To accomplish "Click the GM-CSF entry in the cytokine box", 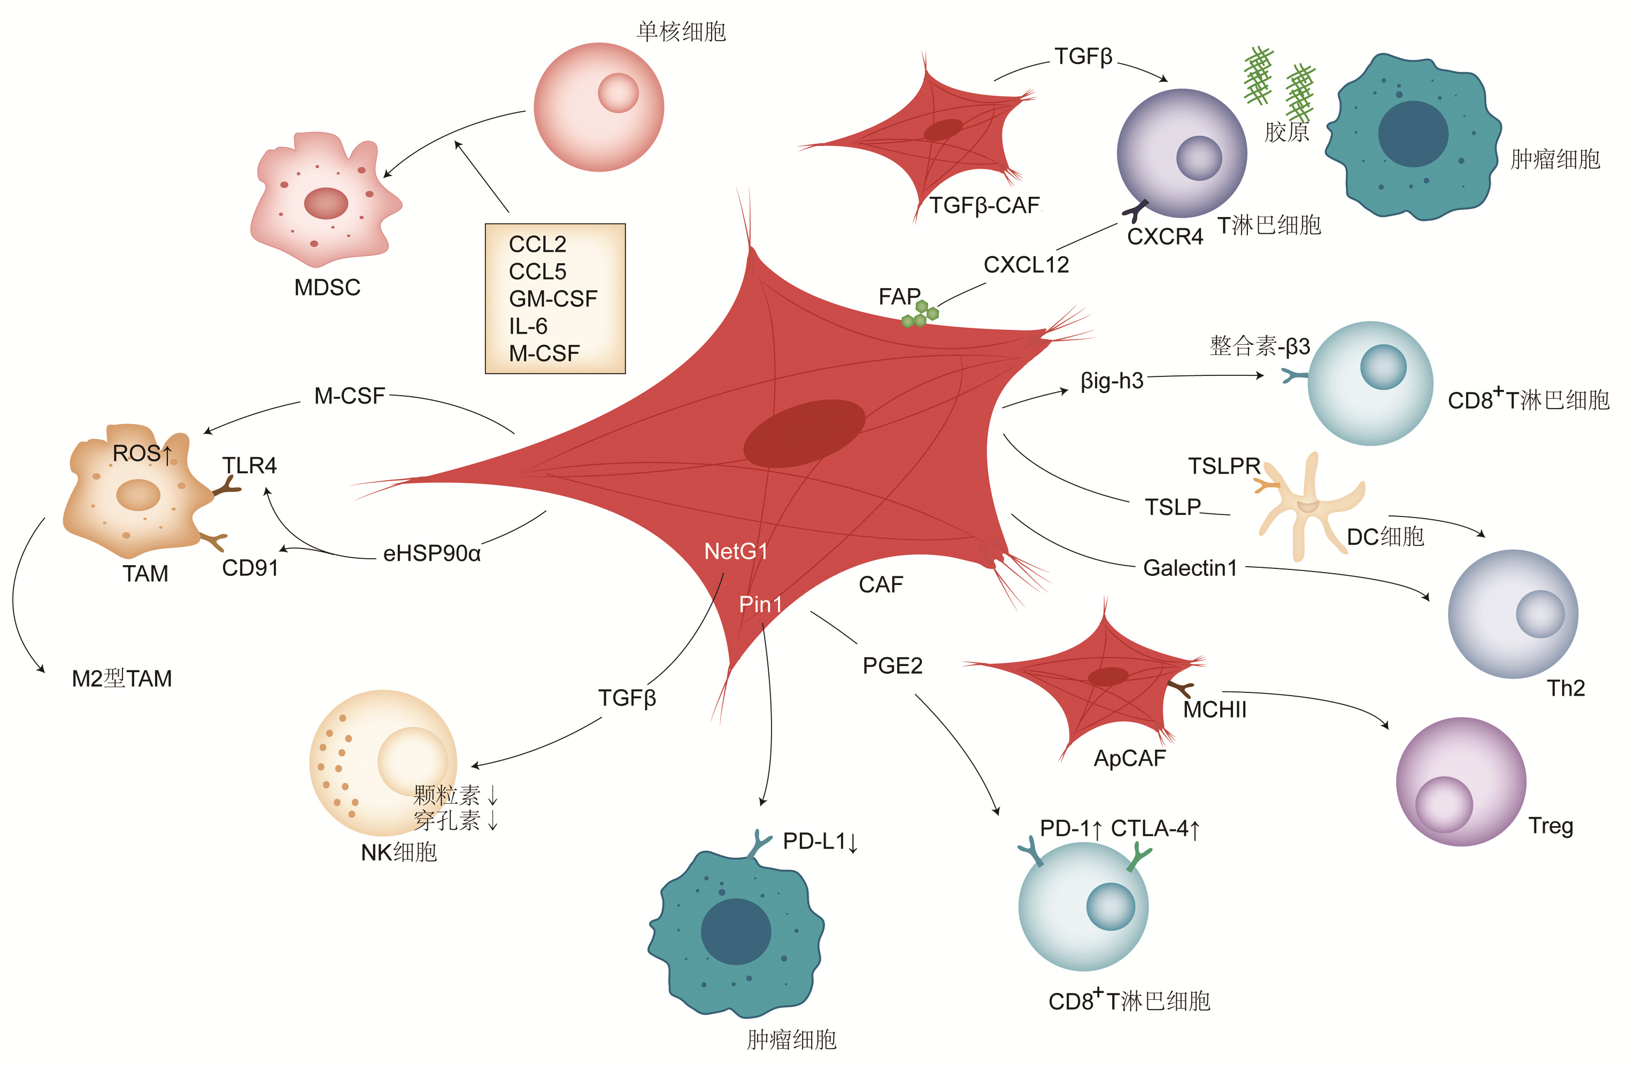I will pos(553,299).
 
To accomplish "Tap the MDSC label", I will pos(327,287).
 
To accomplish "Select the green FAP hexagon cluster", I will pos(920,314).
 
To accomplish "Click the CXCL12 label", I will pos(1026,264).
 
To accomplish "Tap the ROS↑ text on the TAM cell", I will pos(142,453).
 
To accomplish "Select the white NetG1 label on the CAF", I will pos(735,551).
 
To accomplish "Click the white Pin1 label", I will pos(760,605).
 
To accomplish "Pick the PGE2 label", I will pos(892,666).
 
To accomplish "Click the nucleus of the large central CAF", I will pos(804,433).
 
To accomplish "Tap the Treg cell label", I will pos(1550,826).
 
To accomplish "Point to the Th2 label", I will pos(1566,688).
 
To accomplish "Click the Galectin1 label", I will pos(1190,568).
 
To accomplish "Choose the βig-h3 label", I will pos(1112,381).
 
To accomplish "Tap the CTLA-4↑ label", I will pos(1155,828).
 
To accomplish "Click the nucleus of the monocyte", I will pos(618,93).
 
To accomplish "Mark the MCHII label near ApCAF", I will pos(1214,710).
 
